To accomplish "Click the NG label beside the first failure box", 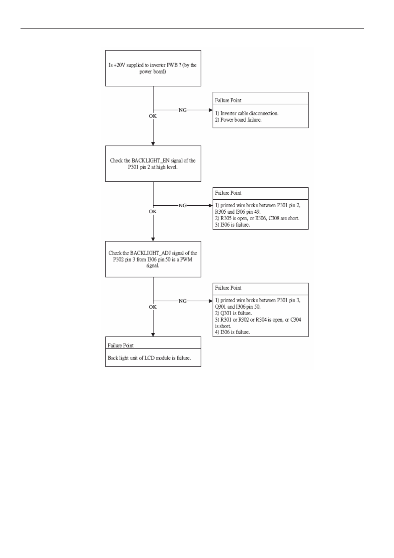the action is pos(182,110).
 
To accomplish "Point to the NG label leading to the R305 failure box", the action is pos(182,206).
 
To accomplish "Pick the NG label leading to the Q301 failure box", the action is pos(182,301).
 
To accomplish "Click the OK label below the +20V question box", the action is pos(153,116).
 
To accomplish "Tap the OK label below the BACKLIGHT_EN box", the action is pos(153,211).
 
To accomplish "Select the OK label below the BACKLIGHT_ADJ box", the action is pos(153,307).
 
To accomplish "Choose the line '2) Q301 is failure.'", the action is pos(234,313).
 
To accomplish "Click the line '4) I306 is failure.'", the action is pos(233,332).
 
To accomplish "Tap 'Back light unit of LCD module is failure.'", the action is pos(149,358).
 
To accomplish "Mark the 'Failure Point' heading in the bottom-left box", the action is pos(120,345).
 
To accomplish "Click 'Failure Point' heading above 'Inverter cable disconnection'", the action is pos(228,100).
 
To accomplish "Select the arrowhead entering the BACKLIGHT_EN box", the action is pos(153,144).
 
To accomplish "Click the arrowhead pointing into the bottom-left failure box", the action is pos(153,335).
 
